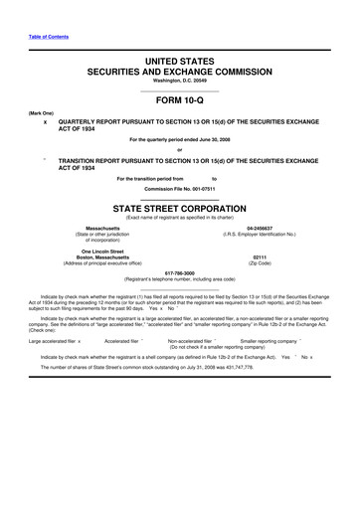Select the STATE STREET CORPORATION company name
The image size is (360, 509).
coord(179,209)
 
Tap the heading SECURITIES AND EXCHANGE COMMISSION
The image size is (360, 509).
coord(179,73)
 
